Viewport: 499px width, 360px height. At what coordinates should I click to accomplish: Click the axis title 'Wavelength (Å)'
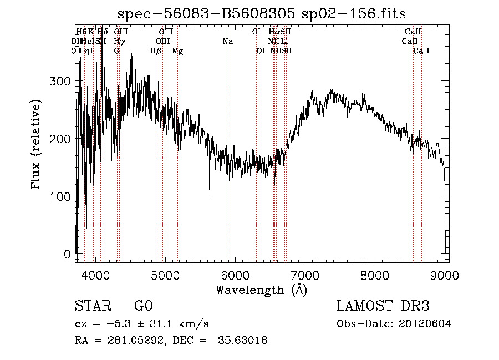pos(261,290)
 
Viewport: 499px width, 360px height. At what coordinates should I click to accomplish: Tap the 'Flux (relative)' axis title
pos(37,145)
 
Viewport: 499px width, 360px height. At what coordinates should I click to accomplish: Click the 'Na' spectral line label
pos(228,41)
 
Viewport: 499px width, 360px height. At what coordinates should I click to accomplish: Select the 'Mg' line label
pos(177,50)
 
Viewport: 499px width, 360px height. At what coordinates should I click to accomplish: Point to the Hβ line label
pos(156,50)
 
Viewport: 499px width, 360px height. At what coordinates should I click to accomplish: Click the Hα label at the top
pos(274,32)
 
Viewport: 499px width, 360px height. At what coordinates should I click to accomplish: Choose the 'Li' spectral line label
pos(284,41)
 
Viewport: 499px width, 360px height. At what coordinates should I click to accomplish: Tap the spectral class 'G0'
pos(143,306)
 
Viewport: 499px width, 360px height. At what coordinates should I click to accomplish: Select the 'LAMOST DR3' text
pos(383,306)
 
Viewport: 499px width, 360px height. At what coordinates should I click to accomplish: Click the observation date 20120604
pos(426,324)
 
